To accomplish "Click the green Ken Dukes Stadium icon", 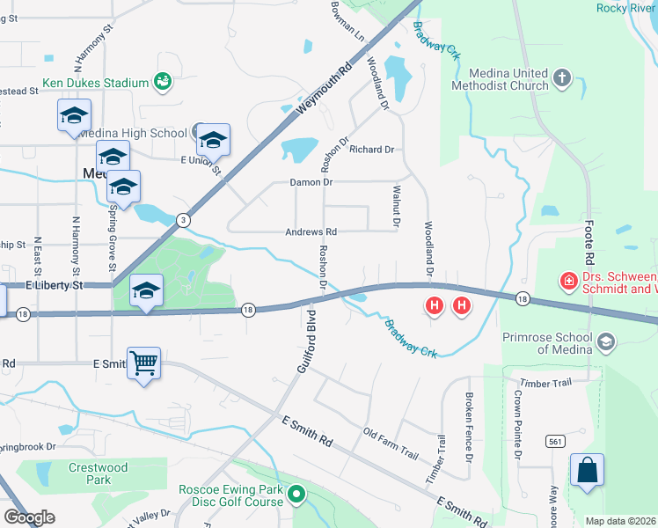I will coord(162,82).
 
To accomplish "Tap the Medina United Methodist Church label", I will coord(499,79).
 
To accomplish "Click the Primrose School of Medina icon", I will coord(605,341).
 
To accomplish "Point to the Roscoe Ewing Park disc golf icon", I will coord(297,495).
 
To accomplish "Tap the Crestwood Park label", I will coord(99,473).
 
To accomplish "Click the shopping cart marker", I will coord(143,362).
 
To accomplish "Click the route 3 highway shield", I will coord(181,218).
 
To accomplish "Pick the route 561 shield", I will coord(554,440).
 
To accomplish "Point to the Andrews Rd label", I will coord(311,232).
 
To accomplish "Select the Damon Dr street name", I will coord(311,182).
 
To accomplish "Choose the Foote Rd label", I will coord(589,246).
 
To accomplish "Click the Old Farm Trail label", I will coord(391,444).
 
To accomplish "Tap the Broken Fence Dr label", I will coord(470,428).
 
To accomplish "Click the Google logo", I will coord(29,517).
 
